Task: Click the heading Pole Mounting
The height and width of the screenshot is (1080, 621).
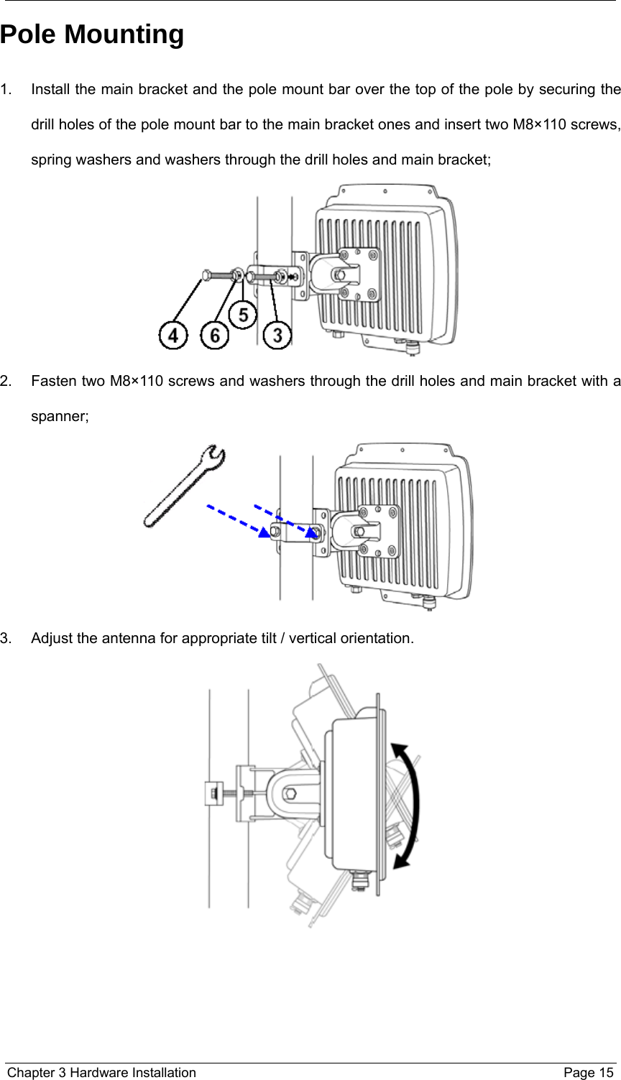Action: point(92,34)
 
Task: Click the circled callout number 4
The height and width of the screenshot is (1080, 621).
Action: point(174,335)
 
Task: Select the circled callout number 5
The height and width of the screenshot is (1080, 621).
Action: point(243,315)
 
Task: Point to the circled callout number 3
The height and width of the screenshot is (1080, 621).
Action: point(277,335)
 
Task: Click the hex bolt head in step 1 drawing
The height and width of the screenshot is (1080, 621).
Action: point(206,274)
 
